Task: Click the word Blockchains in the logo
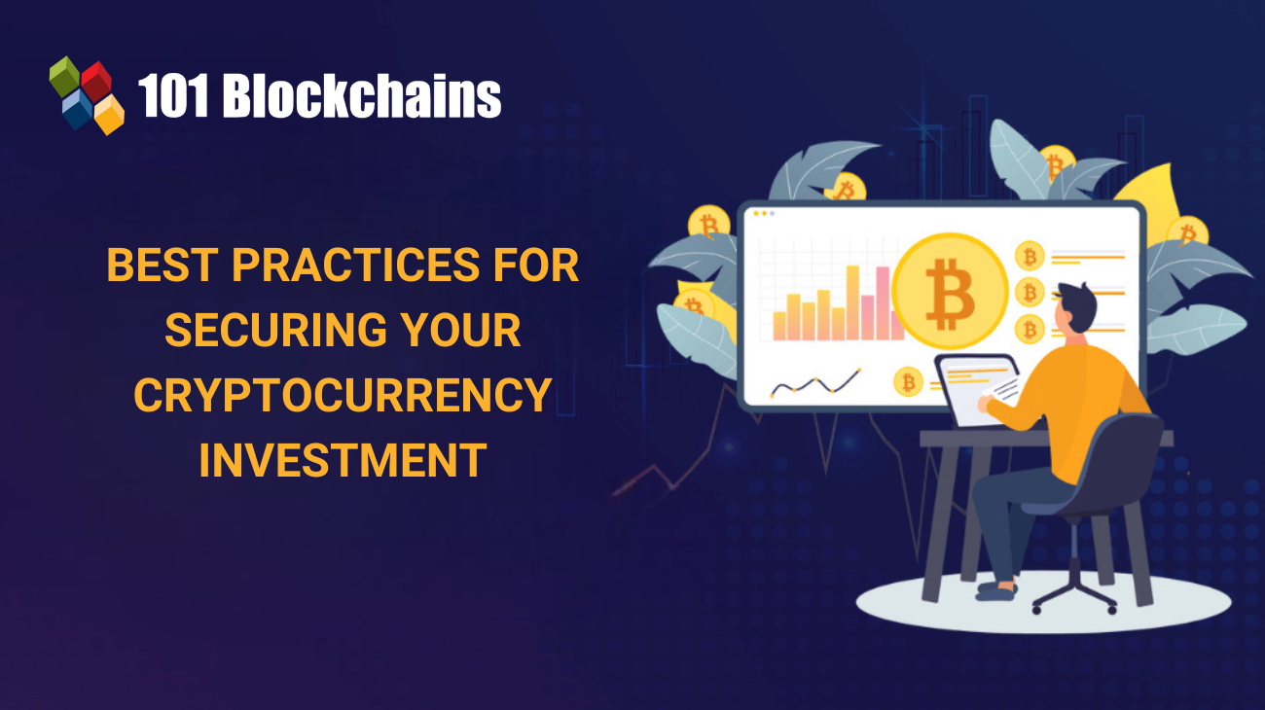(x=362, y=97)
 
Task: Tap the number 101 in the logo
(x=174, y=97)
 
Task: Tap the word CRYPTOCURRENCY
(x=343, y=395)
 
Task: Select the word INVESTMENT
(x=343, y=459)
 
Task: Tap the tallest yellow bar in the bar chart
(x=853, y=302)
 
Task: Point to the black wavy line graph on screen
(x=815, y=385)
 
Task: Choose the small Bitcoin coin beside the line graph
(x=908, y=382)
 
